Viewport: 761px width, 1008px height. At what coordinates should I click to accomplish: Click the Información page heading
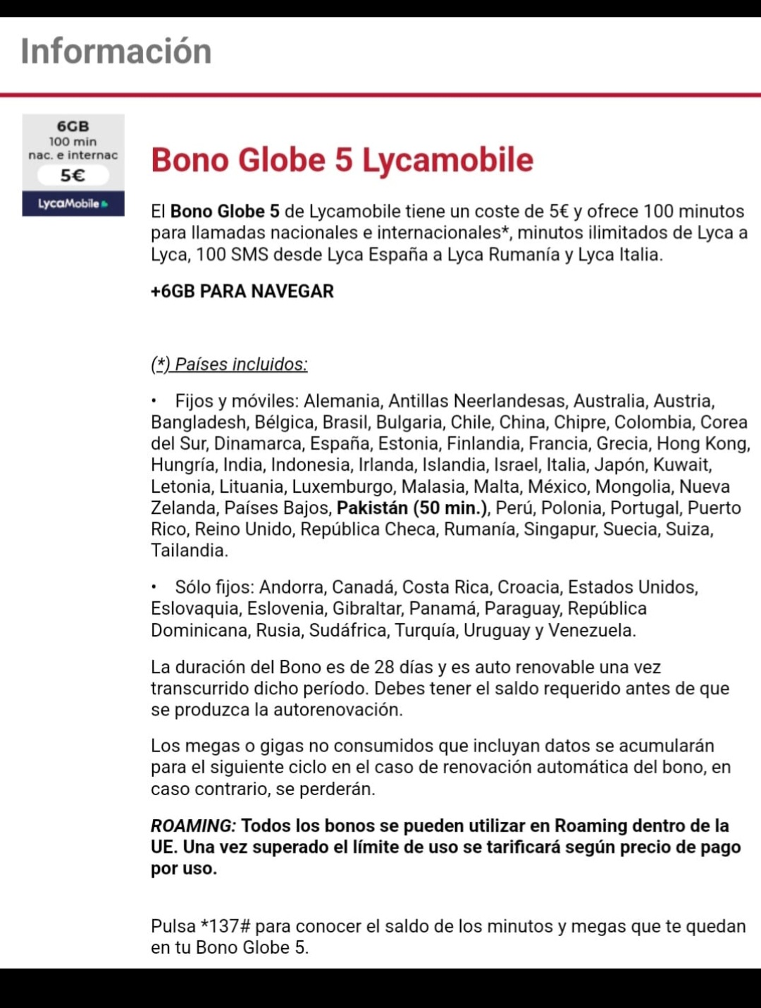pyautogui.click(x=116, y=51)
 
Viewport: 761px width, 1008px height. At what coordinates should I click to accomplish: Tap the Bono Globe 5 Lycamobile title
pyautogui.click(x=342, y=160)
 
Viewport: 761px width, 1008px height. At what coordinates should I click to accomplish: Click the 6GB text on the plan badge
pyautogui.click(x=73, y=126)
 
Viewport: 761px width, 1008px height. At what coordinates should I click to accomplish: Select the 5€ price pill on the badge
pyautogui.click(x=73, y=175)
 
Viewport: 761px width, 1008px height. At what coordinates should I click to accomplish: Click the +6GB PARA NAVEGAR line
pyautogui.click(x=242, y=291)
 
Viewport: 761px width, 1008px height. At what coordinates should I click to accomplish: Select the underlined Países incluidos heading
pyautogui.click(x=229, y=364)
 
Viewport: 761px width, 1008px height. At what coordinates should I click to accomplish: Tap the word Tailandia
pyautogui.click(x=189, y=551)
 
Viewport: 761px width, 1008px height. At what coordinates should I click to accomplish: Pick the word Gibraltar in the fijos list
pyautogui.click(x=366, y=608)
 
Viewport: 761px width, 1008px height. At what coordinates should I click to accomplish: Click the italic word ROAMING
pyautogui.click(x=192, y=825)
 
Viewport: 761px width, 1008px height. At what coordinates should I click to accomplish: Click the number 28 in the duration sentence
pyautogui.click(x=384, y=667)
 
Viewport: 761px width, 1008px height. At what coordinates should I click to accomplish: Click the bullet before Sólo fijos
pyautogui.click(x=154, y=586)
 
